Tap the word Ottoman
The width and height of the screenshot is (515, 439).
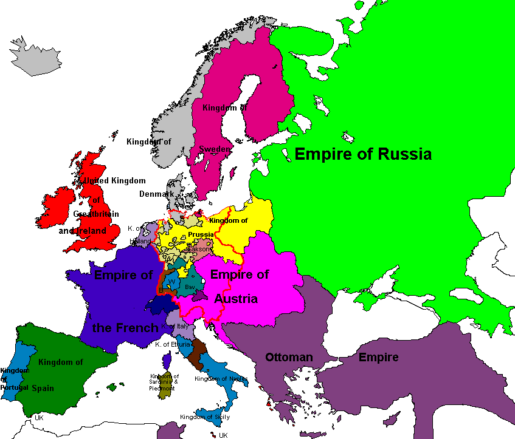pyautogui.click(x=289, y=357)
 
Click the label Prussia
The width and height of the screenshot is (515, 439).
pyautogui.click(x=201, y=234)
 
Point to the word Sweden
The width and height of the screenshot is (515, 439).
pyautogui.click(x=215, y=149)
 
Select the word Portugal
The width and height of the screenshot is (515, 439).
pyautogui.click(x=14, y=387)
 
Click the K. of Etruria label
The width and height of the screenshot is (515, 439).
pyautogui.click(x=173, y=344)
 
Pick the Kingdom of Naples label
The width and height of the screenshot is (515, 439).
pyautogui.click(x=221, y=379)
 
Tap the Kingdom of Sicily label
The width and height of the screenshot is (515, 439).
pyautogui.click(x=205, y=417)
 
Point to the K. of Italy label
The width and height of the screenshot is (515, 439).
pyautogui.click(x=176, y=327)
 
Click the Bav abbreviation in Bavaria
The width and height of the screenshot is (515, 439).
pyautogui.click(x=190, y=287)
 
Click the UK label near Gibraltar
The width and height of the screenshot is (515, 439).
pyautogui.click(x=40, y=418)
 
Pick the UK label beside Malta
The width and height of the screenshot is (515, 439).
pyautogui.click(x=223, y=435)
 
